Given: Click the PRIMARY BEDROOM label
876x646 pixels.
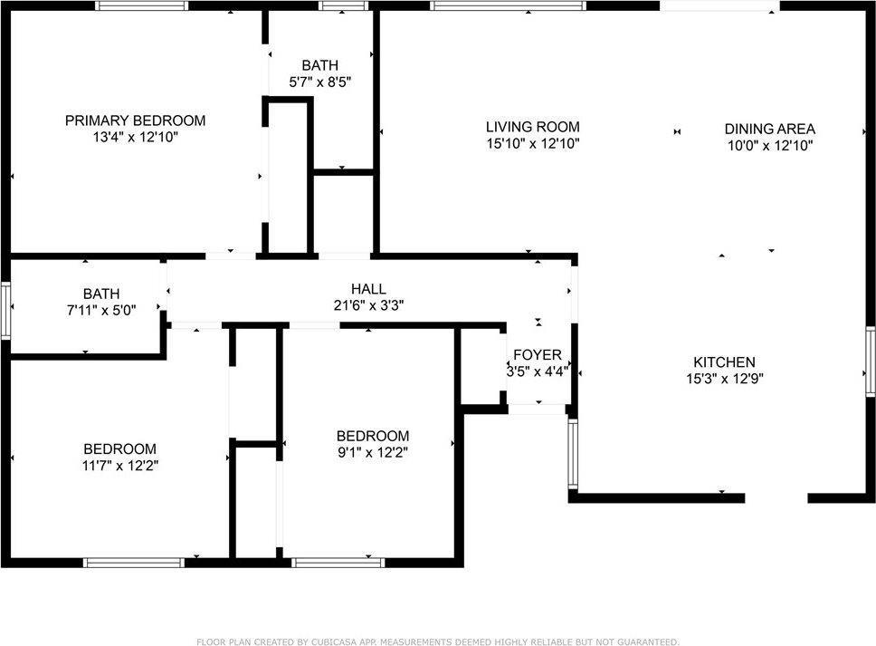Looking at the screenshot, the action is [135, 121].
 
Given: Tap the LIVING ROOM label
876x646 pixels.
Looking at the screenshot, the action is [532, 127].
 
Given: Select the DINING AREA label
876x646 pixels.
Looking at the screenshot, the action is [770, 129].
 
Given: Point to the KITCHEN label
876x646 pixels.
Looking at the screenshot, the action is [724, 362].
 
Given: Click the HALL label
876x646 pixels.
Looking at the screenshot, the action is [368, 289].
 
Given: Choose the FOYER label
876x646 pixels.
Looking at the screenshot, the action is [538, 354].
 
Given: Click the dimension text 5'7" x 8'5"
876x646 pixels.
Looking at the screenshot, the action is [320, 82].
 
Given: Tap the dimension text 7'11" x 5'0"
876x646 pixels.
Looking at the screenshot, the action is [101, 310].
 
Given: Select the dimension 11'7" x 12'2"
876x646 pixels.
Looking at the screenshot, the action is [120, 466].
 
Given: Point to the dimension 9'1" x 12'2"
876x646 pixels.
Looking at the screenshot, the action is [373, 452].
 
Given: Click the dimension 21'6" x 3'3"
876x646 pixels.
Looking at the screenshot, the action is [368, 305].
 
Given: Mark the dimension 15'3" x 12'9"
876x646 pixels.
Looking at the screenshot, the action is [725, 379].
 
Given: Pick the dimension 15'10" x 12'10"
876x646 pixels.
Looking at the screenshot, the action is [533, 144].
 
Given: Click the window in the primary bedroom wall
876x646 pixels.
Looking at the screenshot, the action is [141, 5].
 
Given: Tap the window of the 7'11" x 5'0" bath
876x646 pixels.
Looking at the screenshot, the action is [5, 311].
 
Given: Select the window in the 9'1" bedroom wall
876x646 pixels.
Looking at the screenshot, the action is [338, 563].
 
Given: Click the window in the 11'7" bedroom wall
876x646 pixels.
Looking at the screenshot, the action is [134, 563].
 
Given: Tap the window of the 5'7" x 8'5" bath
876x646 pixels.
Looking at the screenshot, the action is [344, 5].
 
